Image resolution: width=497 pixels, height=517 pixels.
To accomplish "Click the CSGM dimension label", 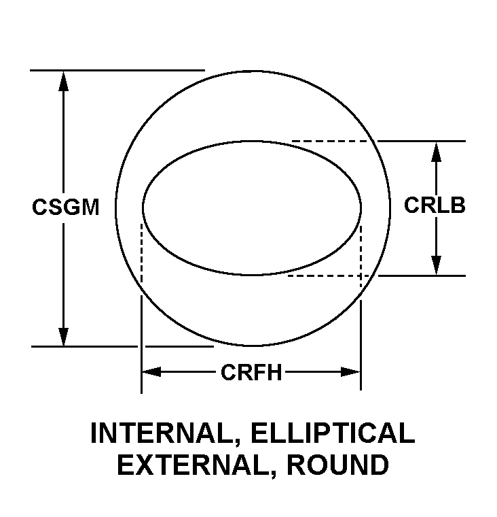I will [x=65, y=207].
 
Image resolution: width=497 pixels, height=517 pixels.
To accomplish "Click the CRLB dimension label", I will [x=435, y=205].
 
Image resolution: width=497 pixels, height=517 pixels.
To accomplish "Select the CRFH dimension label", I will [x=251, y=372].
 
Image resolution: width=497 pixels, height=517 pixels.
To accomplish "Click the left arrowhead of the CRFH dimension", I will [x=151, y=371].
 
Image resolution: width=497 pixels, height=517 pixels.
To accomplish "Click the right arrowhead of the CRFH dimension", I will [x=350, y=371].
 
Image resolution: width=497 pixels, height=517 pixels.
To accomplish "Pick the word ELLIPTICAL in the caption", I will [x=331, y=433].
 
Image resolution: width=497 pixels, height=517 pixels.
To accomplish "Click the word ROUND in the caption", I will [x=337, y=465].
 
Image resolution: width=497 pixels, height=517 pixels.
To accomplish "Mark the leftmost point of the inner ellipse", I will [x=143, y=207].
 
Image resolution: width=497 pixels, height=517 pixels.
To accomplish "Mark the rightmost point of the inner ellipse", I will [x=361, y=207].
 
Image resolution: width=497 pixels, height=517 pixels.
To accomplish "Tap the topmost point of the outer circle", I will [x=253, y=69].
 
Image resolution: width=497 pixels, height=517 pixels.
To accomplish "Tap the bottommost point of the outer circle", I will [x=253, y=346].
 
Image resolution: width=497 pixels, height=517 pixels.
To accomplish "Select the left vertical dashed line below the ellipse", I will [x=141, y=252].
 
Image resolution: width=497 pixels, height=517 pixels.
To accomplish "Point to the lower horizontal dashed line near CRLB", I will [x=326, y=276].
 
